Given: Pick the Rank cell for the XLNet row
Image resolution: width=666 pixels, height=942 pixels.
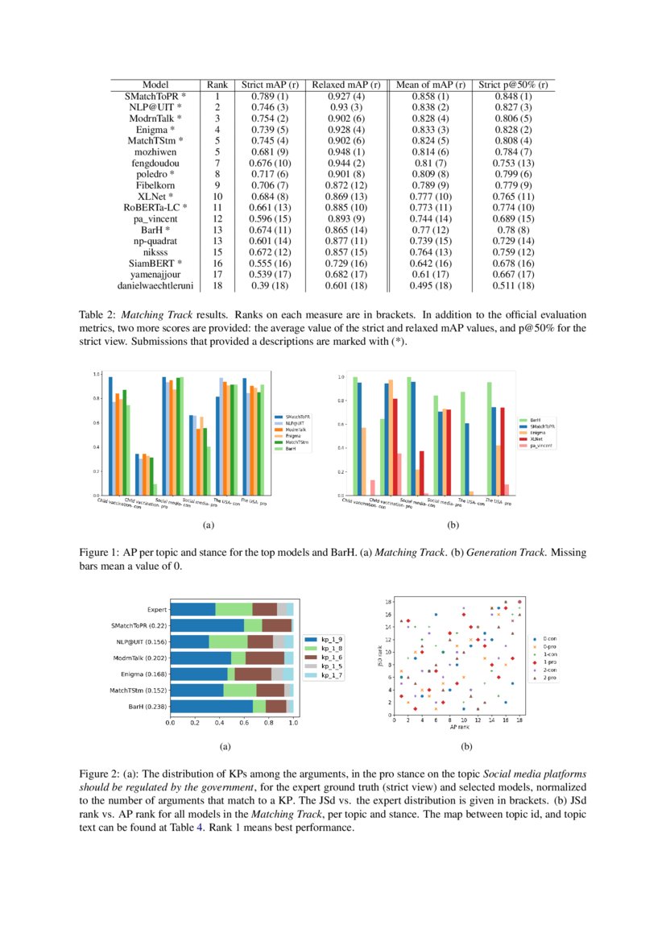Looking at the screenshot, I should pos(217,196).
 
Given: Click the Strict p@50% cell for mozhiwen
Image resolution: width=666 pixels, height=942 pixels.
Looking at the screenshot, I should pos(513,151).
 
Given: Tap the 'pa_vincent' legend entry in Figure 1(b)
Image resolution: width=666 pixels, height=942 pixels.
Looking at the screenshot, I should pos(542,445).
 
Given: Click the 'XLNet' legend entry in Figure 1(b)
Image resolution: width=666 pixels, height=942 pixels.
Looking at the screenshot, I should pos(536,438).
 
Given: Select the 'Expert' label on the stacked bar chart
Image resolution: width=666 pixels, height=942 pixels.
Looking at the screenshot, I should pos(157,609).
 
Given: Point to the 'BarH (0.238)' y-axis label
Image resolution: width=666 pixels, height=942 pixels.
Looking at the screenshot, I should pos(143,706).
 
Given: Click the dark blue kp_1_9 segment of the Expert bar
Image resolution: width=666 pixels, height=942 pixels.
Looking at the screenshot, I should pos(192,609).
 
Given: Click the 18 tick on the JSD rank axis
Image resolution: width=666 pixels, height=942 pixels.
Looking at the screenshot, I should pos(387,601).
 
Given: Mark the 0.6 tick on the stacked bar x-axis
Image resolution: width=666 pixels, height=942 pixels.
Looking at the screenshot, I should pos(244,723).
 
